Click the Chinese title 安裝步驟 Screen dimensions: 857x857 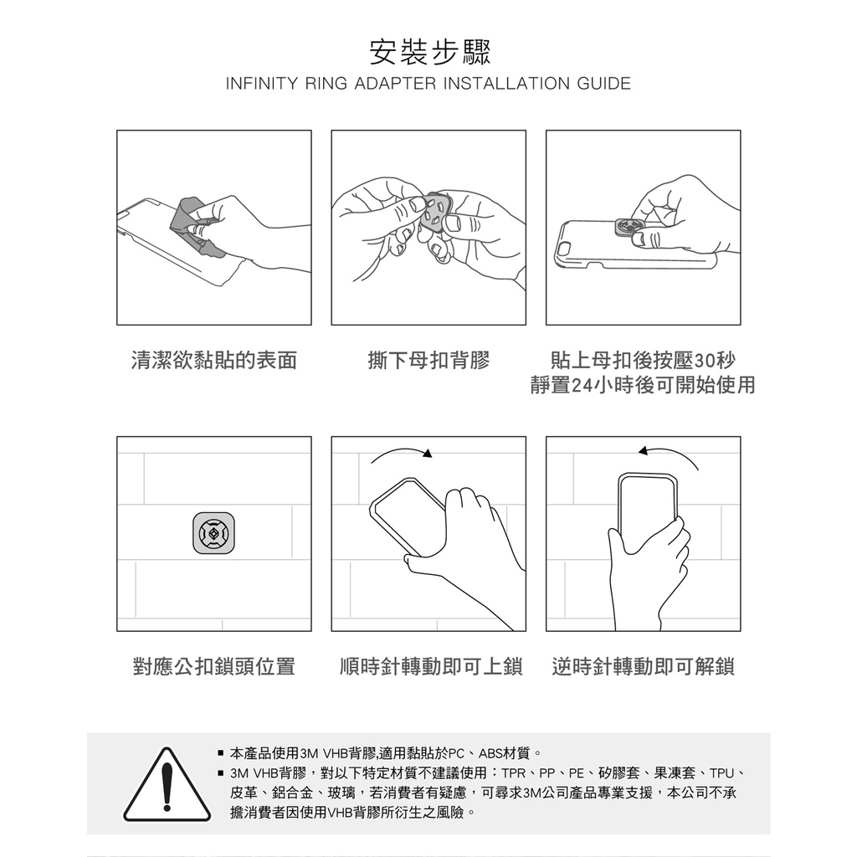(429, 51)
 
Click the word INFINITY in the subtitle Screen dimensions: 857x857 (262, 84)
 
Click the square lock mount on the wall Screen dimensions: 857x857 (213, 533)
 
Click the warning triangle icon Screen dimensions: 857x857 (167, 785)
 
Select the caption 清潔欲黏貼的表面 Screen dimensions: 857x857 (213, 361)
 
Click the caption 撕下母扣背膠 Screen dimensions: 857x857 (428, 361)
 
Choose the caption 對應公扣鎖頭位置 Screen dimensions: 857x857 (213, 667)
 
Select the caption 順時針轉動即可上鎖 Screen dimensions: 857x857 (431, 667)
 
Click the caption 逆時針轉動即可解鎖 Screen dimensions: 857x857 (644, 667)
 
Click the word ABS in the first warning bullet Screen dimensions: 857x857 (490, 754)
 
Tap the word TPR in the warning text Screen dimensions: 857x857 (515, 773)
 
